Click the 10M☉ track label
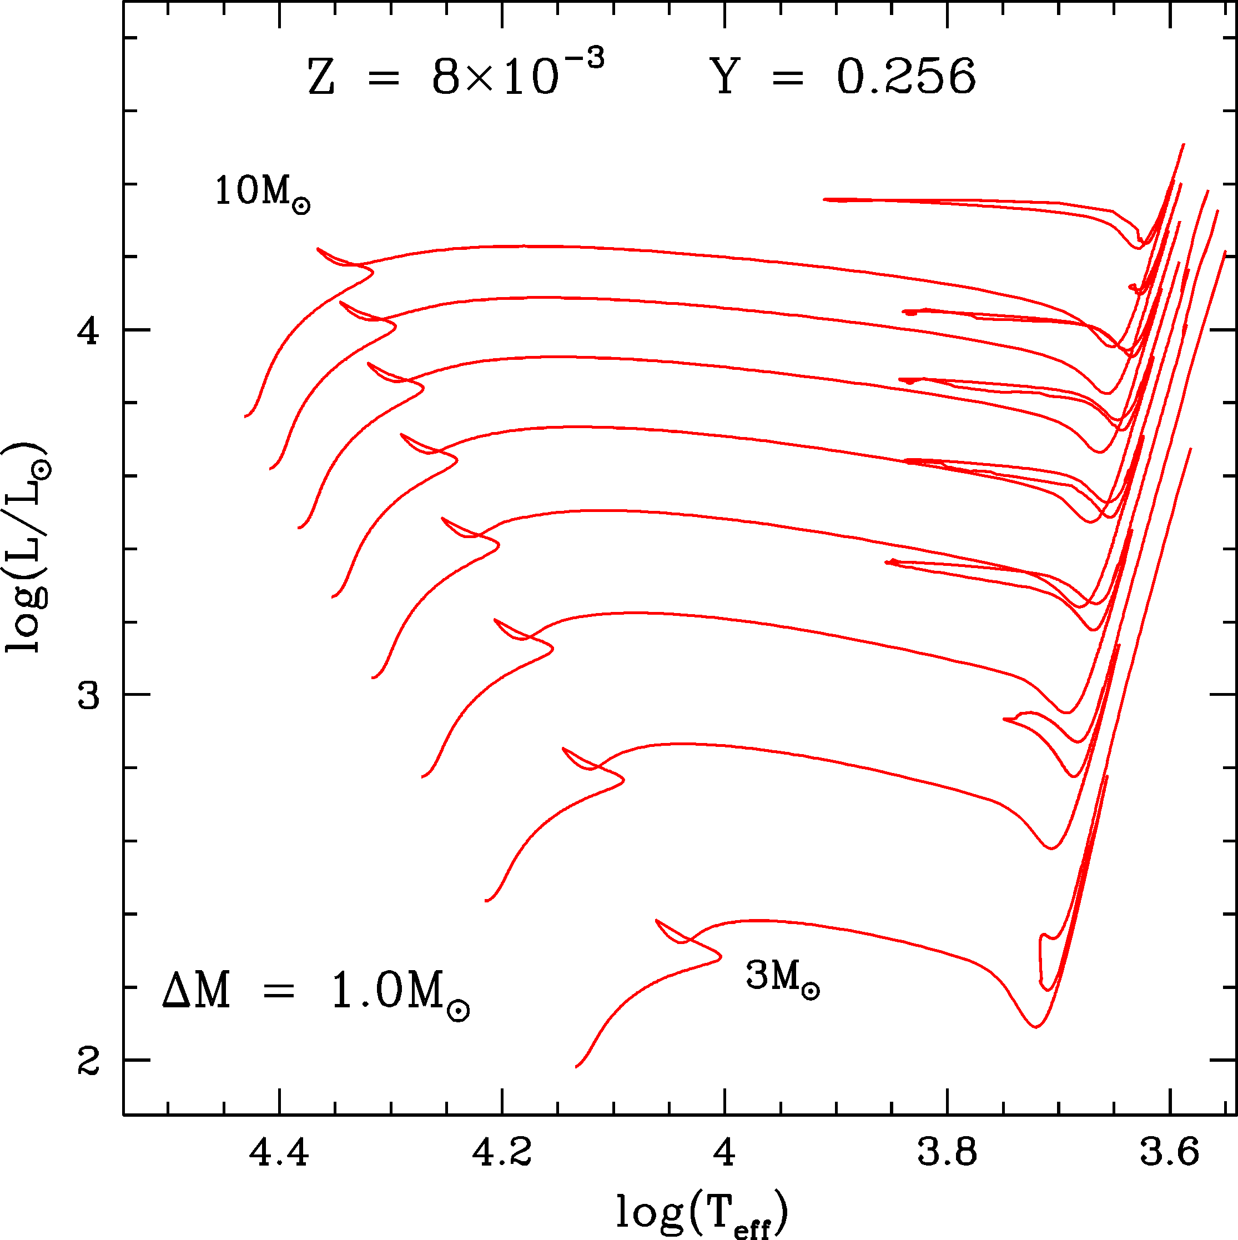click(x=262, y=193)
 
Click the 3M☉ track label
click(x=782, y=978)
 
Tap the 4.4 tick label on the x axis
click(x=280, y=1153)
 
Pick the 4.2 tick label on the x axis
click(x=502, y=1153)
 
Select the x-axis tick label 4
click(x=724, y=1153)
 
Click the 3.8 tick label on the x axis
click(x=947, y=1153)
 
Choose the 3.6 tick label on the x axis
click(x=1169, y=1153)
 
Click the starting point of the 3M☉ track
click(x=576, y=1067)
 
